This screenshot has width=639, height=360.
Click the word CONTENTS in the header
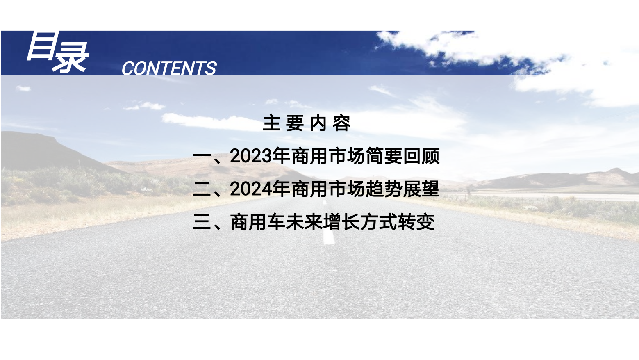pyautogui.click(x=169, y=68)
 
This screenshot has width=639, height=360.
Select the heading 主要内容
pyautogui.click(x=307, y=123)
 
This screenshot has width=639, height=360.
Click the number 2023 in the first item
pyautogui.click(x=251, y=156)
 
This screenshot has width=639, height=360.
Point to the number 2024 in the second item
pyautogui.click(x=251, y=189)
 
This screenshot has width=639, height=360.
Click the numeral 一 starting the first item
pyautogui.click(x=202, y=156)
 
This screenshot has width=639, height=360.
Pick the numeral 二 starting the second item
pyautogui.click(x=202, y=189)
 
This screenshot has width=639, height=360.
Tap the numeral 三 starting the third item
pyautogui.click(x=202, y=222)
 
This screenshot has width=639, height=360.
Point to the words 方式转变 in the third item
pyautogui.click(x=398, y=222)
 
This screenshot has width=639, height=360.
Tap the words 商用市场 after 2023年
pyautogui.click(x=328, y=156)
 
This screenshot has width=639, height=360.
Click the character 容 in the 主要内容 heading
pyautogui.click(x=342, y=123)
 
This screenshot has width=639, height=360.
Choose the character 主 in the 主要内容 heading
pyautogui.click(x=271, y=123)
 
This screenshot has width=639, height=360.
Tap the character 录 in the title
pyautogui.click(x=70, y=57)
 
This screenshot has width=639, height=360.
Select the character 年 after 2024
pyautogui.click(x=281, y=189)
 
